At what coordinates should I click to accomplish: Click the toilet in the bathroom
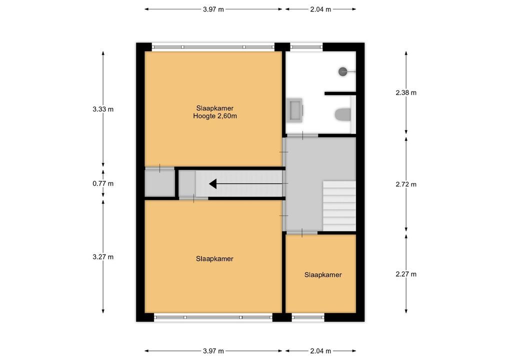tap(343, 114)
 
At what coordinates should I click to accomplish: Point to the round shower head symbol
tap(343, 71)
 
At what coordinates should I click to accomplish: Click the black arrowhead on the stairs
tap(213, 183)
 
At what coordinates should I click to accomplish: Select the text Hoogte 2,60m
tap(215, 116)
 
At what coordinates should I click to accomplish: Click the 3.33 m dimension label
tap(103, 109)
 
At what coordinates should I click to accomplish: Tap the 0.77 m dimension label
tap(103, 183)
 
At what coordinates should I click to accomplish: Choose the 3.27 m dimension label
tap(103, 257)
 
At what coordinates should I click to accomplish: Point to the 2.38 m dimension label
tap(406, 93)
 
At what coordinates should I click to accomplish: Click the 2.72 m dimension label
tap(406, 184)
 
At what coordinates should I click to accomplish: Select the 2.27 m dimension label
tap(406, 274)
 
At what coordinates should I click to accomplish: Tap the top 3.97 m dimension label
tap(213, 9)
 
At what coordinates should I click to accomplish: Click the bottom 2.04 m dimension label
tap(320, 351)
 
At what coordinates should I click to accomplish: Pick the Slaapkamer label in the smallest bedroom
tap(323, 275)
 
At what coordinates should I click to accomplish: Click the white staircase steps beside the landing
tap(339, 206)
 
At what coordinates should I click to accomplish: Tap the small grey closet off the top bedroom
tap(160, 183)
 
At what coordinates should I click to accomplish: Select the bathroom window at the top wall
tap(306, 47)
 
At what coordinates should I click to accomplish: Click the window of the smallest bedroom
tap(308, 317)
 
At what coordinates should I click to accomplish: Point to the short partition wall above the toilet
tap(340, 93)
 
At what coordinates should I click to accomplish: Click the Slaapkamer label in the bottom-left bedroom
tap(214, 259)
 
